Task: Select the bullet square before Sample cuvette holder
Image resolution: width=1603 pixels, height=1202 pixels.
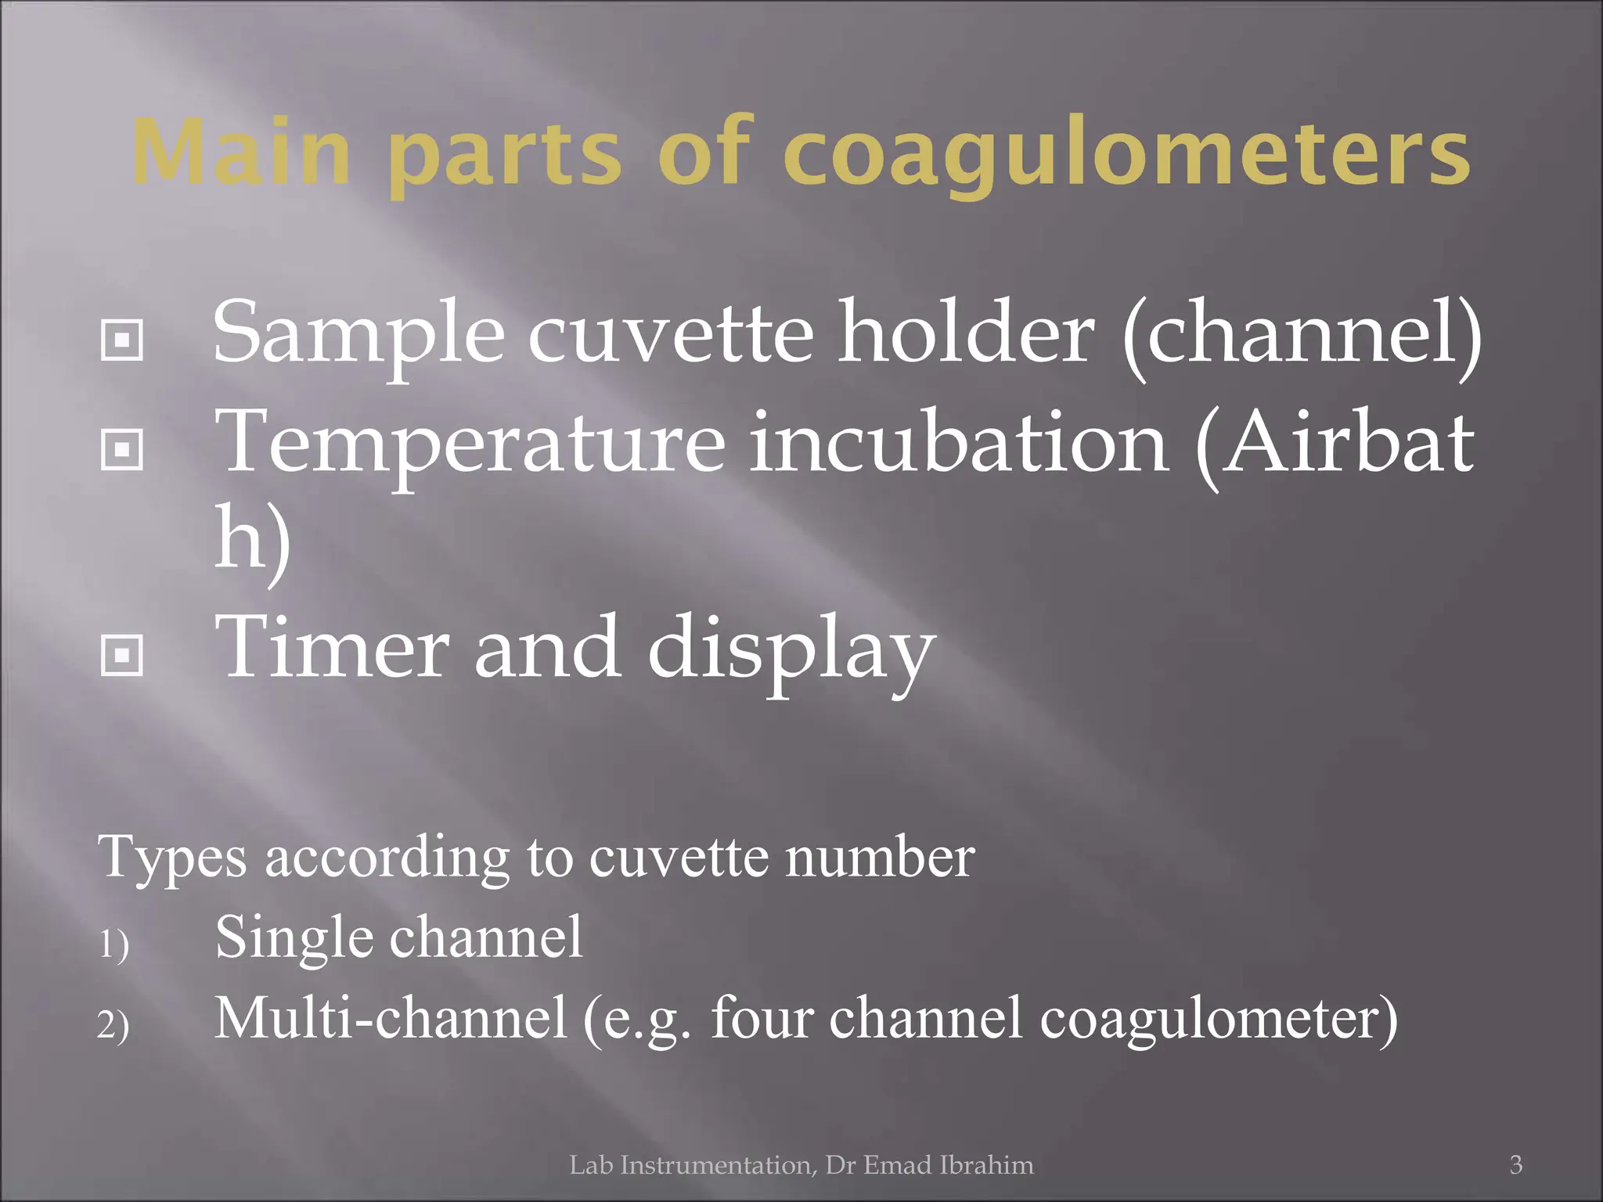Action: (x=122, y=340)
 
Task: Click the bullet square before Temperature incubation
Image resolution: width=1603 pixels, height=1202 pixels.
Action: (x=122, y=449)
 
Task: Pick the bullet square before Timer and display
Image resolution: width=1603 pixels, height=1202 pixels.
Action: (x=122, y=654)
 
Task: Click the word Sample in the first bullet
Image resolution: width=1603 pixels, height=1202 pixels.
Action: (x=358, y=335)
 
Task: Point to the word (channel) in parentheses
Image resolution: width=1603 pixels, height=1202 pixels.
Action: (x=1302, y=335)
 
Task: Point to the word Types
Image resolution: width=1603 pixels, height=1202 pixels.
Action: (x=172, y=859)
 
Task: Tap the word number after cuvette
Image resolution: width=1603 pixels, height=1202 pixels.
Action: (x=880, y=858)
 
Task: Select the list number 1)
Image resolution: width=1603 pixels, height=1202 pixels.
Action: (x=113, y=945)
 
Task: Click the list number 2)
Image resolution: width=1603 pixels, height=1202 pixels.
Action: (x=113, y=1025)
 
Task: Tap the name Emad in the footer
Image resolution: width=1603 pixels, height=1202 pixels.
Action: (x=899, y=1165)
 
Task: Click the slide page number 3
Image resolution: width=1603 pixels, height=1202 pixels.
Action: (x=1516, y=1164)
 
